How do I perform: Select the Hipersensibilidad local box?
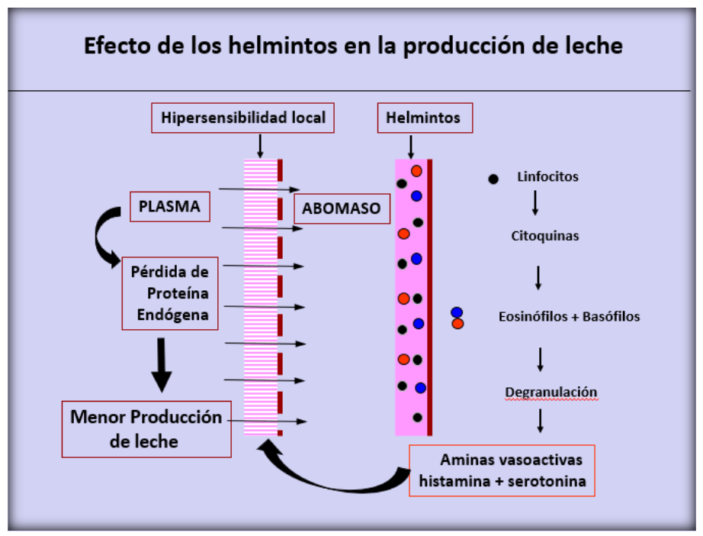click(243, 118)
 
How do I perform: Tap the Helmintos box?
click(424, 118)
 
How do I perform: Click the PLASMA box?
click(169, 206)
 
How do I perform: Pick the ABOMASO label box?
click(342, 208)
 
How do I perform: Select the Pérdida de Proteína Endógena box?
click(170, 292)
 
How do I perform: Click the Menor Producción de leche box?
click(146, 429)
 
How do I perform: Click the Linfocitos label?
click(547, 177)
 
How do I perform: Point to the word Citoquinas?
click(544, 236)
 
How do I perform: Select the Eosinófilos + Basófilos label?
click(569, 316)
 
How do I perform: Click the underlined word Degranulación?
click(551, 392)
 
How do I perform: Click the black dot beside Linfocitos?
click(493, 179)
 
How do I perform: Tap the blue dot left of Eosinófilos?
click(457, 312)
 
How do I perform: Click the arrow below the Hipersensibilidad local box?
click(260, 145)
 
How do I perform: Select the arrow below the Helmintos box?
click(411, 145)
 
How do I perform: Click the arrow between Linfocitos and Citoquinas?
click(535, 202)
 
